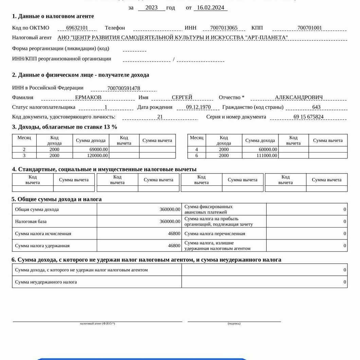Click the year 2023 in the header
(151, 8)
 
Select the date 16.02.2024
(211, 8)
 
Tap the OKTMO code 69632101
(77, 28)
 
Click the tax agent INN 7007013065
(224, 28)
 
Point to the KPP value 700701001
(309, 28)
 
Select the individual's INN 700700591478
(124, 88)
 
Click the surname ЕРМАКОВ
(88, 97)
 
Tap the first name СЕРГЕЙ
(182, 97)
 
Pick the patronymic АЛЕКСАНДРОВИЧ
(299, 97)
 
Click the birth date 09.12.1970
(198, 107)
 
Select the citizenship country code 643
(316, 107)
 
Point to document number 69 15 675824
(308, 117)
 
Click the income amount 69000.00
(99, 149)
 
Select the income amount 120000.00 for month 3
(97, 156)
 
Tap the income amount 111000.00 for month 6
(267, 156)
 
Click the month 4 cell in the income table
(197, 149)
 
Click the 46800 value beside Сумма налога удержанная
(174, 246)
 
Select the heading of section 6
(146, 260)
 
